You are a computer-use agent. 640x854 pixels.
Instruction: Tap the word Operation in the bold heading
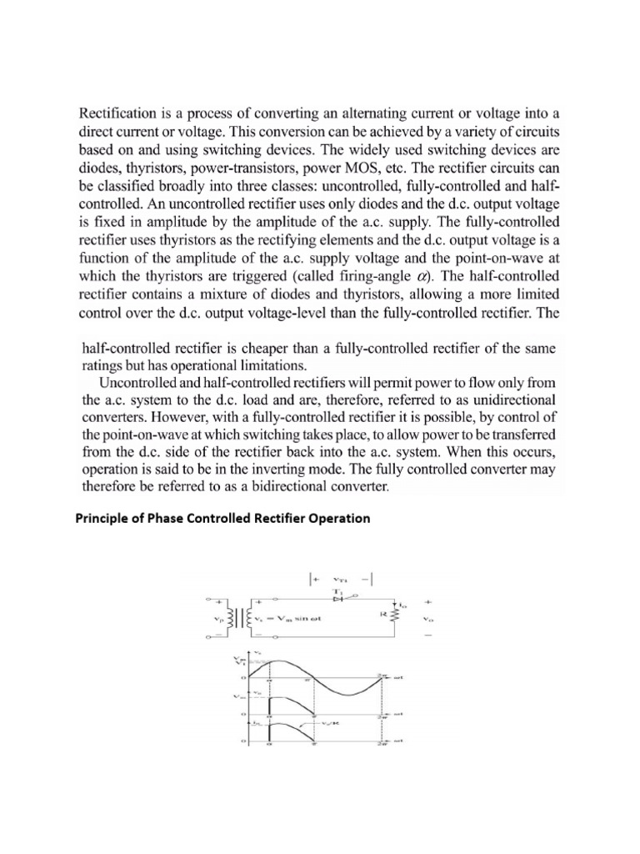pos(340,519)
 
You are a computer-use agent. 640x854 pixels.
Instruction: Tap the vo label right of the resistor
pos(430,619)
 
